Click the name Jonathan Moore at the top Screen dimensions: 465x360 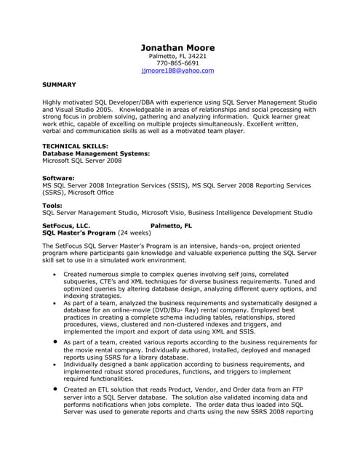tap(177, 47)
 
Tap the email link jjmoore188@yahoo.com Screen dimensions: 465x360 tap(177, 71)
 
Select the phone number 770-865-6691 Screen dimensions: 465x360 tap(177, 63)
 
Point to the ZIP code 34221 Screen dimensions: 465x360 tap(196, 56)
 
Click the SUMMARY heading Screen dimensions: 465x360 tap(60, 84)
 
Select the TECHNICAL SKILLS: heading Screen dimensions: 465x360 tap(75, 146)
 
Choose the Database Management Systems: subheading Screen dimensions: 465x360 tap(97, 153)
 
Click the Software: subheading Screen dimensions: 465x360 tap(59, 178)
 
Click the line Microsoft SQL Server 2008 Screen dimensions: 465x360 tap(82, 161)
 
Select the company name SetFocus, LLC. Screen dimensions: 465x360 tap(66, 226)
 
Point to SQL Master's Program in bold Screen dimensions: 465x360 tap(79, 233)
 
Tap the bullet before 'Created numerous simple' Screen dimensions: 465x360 tap(55, 275)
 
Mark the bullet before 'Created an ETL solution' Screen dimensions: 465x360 tap(55, 389)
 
